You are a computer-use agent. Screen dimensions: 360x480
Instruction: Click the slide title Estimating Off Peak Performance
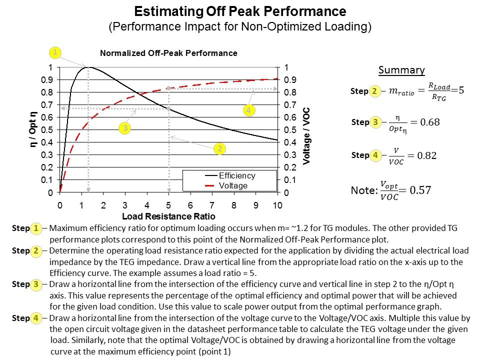[x=240, y=11]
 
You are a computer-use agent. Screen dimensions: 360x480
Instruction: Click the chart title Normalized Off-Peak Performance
[x=168, y=53]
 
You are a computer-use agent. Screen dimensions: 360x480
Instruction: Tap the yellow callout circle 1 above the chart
[x=55, y=52]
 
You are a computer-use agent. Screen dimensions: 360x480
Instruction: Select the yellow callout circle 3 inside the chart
[x=125, y=128]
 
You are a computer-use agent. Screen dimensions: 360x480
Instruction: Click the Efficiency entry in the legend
[x=237, y=176]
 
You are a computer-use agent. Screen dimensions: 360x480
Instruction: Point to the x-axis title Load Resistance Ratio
[x=168, y=216]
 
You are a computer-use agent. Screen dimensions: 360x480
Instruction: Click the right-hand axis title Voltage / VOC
[x=307, y=130]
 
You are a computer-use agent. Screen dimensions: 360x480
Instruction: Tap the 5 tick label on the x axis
[x=168, y=205]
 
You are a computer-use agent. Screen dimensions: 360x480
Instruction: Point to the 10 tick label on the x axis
[x=277, y=205]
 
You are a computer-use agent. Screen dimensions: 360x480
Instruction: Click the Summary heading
[x=401, y=70]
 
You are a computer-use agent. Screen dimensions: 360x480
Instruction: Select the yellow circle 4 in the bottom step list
[x=36, y=317]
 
